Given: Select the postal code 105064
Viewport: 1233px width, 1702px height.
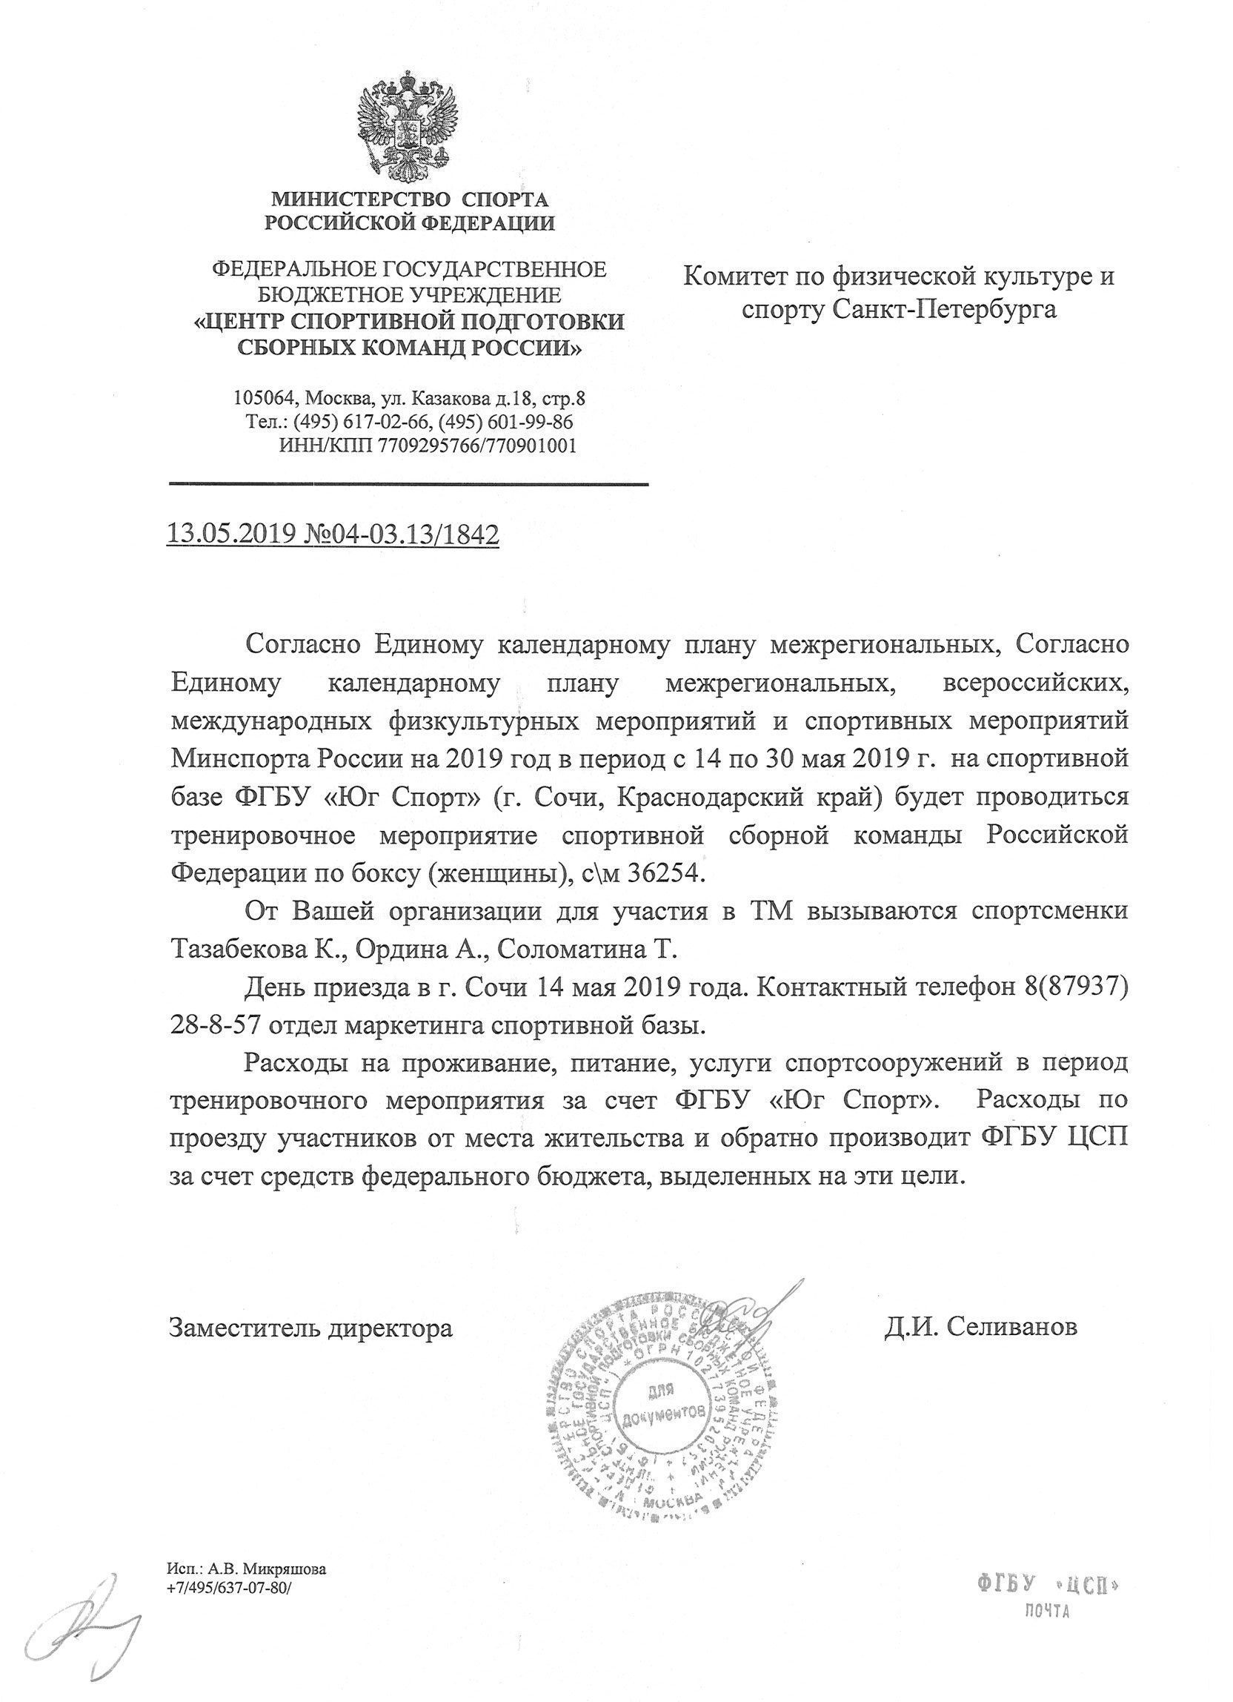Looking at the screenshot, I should point(259,398).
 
